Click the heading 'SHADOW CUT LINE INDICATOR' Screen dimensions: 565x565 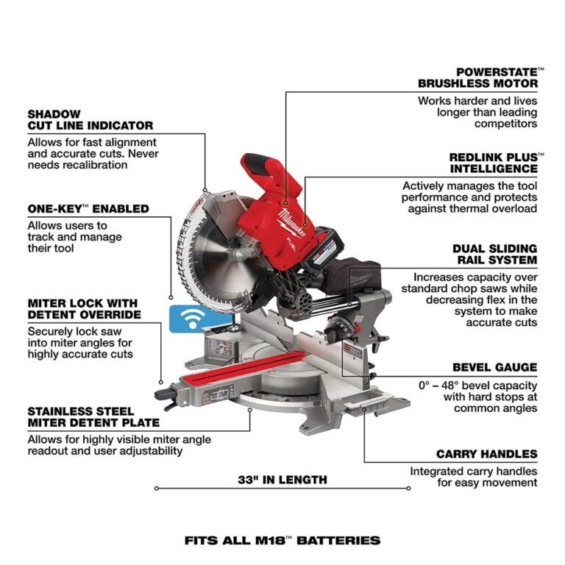point(90,120)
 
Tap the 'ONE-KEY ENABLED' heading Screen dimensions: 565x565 point(88,209)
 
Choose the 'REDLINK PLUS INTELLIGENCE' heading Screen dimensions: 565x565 point(493,163)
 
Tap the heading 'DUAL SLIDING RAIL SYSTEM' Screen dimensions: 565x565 point(494,255)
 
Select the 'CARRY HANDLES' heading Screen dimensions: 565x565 point(486,454)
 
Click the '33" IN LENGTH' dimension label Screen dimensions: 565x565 point(282,480)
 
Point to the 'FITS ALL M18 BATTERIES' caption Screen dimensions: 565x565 point(282,540)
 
